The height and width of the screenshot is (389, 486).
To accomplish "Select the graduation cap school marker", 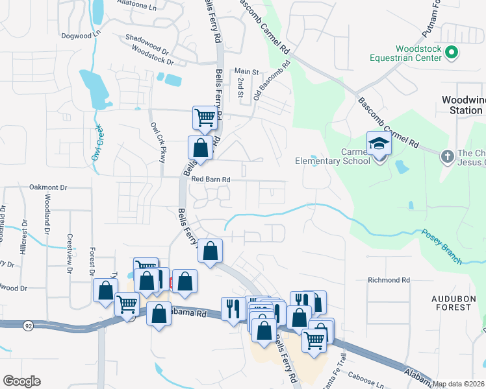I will (x=378, y=144).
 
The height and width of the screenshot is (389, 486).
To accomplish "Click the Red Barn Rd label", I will (x=211, y=179).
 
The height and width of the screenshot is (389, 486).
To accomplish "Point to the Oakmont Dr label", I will (x=48, y=187).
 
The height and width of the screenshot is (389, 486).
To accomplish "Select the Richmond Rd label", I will (x=389, y=280).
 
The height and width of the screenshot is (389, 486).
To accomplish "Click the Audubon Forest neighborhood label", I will (x=451, y=302).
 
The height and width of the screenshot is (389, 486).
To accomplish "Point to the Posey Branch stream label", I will (x=442, y=246).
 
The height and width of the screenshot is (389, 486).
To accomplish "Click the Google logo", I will (x=21, y=381).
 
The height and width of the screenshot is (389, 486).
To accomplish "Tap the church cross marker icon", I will (x=446, y=156).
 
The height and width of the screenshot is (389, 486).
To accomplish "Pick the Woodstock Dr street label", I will (x=153, y=55).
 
